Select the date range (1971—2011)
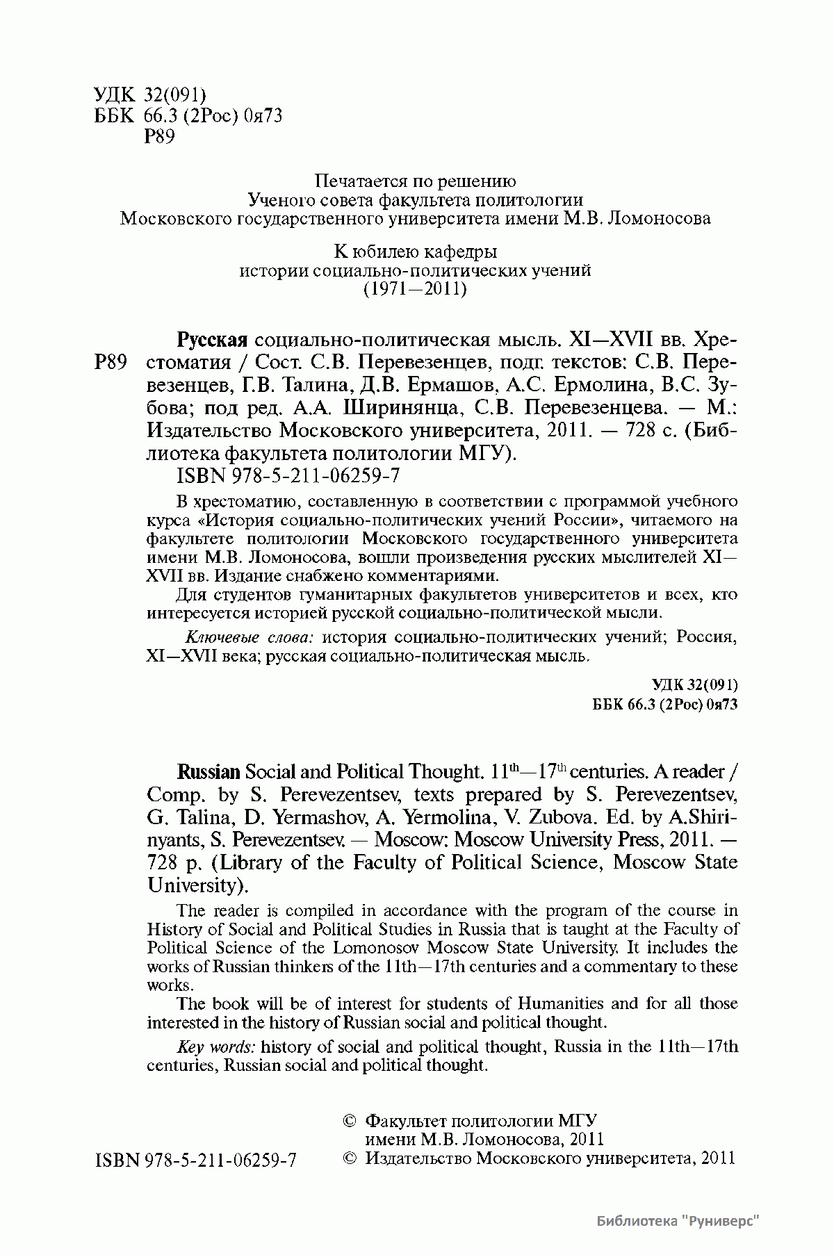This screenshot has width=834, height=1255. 415,288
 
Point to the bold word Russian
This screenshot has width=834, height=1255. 209,771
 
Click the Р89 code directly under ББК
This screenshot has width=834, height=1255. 158,137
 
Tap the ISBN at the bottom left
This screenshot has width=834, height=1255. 195,1160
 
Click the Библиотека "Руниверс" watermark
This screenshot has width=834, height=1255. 677,1222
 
